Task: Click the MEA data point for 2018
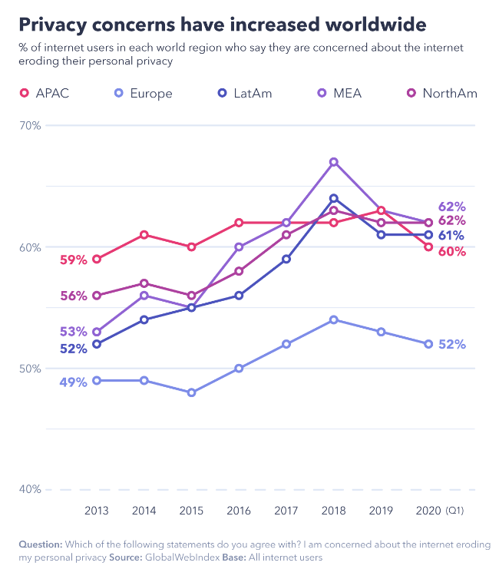point(334,162)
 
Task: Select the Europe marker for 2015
point(191,392)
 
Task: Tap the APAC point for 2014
point(144,235)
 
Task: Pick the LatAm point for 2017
point(286,259)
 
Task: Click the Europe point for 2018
point(334,319)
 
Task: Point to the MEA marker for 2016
point(239,247)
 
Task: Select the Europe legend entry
point(144,94)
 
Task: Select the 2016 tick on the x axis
point(239,510)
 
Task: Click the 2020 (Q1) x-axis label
point(438,510)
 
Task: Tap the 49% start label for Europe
point(73,382)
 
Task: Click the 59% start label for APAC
point(73,260)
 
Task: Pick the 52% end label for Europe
point(452,345)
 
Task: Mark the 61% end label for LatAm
point(452,236)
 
